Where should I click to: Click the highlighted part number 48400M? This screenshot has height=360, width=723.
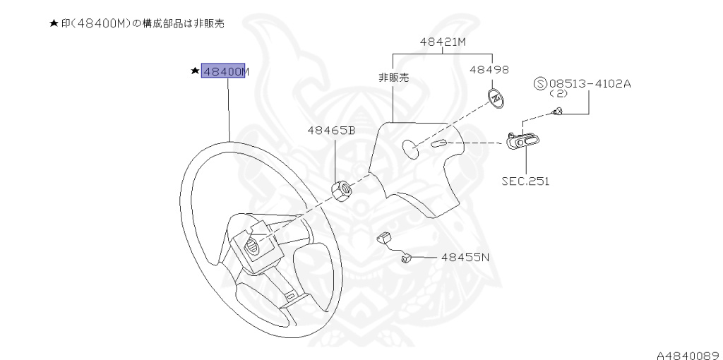(224, 71)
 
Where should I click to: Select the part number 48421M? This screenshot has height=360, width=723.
(443, 42)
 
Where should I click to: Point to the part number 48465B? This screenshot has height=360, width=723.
(330, 131)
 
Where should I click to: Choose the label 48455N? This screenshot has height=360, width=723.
(465, 258)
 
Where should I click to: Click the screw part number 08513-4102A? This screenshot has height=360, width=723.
(590, 83)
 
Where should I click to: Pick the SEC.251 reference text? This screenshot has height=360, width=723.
(525, 181)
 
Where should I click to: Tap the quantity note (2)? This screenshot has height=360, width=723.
(558, 94)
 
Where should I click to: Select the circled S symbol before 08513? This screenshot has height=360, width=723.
(542, 84)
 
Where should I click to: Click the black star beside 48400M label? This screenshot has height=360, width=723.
(194, 71)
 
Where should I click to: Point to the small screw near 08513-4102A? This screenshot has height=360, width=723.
(557, 110)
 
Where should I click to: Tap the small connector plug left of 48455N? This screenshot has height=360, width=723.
(407, 259)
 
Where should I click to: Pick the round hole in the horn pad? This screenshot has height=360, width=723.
(410, 148)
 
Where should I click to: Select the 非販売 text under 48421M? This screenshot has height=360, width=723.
(393, 78)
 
